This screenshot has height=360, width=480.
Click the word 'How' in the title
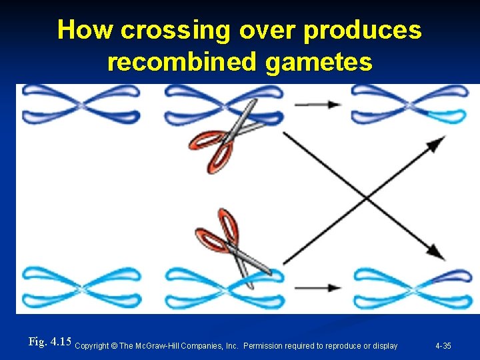coord(83,30)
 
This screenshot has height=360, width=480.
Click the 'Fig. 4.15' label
coord(50,342)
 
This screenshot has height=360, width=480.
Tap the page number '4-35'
coord(443,346)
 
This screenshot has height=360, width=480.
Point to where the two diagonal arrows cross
coord(365,197)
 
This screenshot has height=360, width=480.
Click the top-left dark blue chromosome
coord(80,105)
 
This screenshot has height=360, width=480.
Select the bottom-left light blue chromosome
coord(80,288)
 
